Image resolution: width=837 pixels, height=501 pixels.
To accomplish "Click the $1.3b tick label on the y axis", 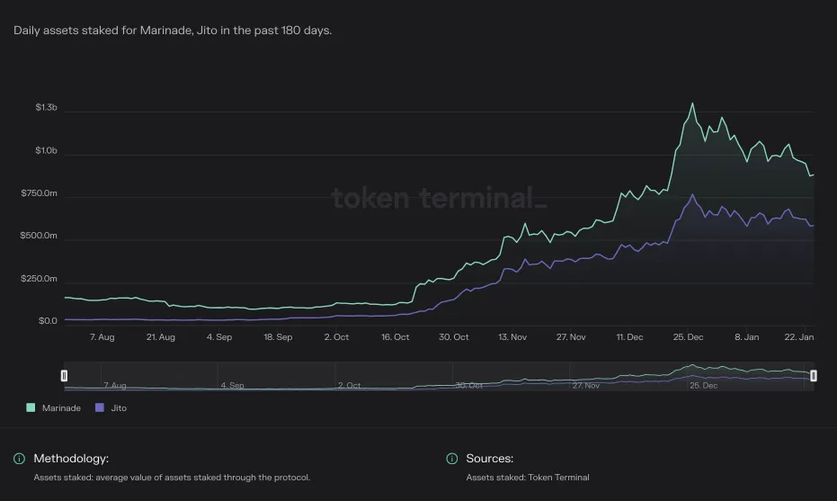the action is (47, 107).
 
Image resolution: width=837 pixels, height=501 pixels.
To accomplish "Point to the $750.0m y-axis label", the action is (39, 192).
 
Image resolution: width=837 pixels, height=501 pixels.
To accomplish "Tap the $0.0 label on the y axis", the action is (48, 321).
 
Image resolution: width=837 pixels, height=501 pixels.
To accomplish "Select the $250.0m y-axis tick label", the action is (39, 278).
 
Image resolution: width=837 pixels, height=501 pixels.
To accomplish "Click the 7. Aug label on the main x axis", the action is (102, 337).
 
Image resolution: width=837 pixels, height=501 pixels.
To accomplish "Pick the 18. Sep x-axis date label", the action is (278, 337).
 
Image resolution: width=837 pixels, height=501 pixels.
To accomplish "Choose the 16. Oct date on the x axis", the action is (395, 337).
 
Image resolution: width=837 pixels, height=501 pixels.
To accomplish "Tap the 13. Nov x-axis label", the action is (512, 337).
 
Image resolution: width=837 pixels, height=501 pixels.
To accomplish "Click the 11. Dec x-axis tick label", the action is (630, 337).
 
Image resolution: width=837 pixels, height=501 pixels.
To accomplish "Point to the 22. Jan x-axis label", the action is (799, 337).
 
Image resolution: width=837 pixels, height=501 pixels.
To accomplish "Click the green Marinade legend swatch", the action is (31, 407).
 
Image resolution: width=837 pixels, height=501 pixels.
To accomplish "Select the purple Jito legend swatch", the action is (99, 407).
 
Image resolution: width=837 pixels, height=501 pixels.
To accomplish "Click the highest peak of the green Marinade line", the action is (693, 103).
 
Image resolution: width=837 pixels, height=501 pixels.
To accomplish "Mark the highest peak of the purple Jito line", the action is (693, 194).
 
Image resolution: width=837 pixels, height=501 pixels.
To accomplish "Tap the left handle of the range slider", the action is (64, 376).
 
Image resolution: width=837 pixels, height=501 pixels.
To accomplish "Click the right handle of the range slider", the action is (814, 376).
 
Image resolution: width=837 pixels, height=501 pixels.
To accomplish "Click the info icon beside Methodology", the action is (19, 459).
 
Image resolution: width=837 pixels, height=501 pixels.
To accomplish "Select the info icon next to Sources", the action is (452, 459).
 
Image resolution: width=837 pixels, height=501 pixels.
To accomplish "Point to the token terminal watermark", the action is (439, 198).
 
